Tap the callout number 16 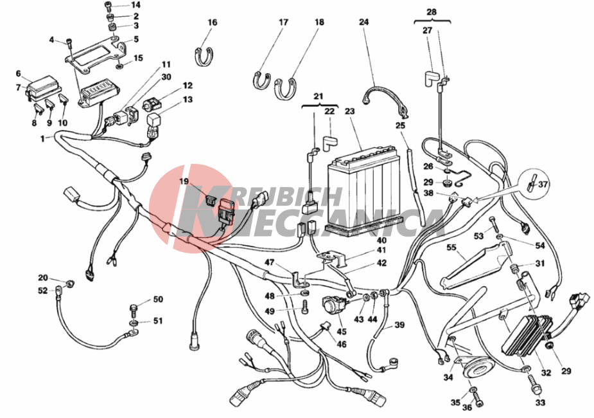(x=213, y=23)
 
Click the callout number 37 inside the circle (x=543, y=185)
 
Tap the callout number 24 (x=363, y=22)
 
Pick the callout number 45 (x=342, y=331)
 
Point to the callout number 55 (x=451, y=248)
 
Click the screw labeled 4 (x=69, y=45)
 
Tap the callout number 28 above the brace (x=432, y=12)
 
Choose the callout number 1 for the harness (x=42, y=139)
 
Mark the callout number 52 (x=43, y=291)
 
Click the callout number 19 (x=184, y=181)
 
